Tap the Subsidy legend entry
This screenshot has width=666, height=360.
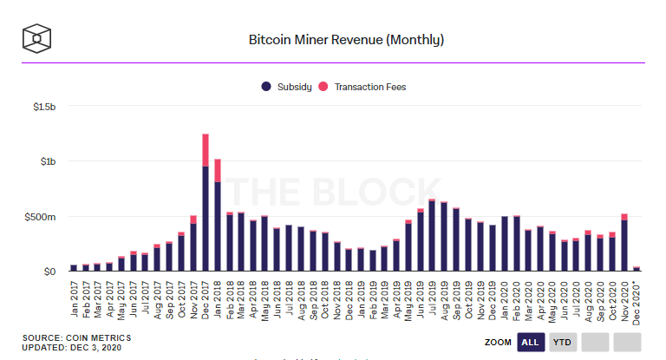pyautogui.click(x=285, y=87)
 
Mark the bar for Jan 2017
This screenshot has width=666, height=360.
pyautogui.click(x=74, y=268)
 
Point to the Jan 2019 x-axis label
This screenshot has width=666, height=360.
pyautogui.click(x=361, y=299)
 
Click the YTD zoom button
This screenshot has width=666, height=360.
pyautogui.click(x=563, y=343)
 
